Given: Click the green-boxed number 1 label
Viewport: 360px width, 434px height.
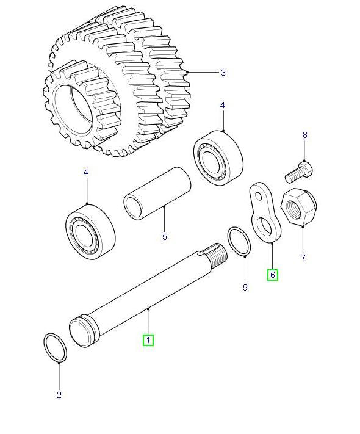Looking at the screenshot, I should coord(148,340).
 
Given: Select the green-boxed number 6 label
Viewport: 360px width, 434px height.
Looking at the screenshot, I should coord(273,275).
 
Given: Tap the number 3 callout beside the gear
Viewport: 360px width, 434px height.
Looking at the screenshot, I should coord(223,73).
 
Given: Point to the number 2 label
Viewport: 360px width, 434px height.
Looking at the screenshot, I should coord(59,395).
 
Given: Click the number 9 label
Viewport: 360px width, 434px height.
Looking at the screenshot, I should coord(245,287).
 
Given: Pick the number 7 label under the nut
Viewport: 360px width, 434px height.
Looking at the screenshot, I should coord(303,258).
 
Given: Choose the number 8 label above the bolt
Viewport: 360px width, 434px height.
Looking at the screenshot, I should coord(305,134).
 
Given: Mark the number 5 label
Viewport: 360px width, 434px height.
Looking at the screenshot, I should coord(164,237).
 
